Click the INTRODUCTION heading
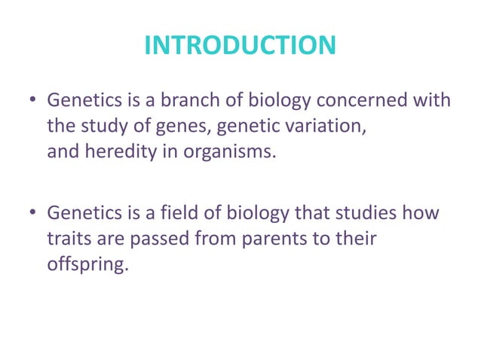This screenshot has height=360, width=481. click(x=240, y=46)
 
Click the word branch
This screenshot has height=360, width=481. click(x=175, y=100)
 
